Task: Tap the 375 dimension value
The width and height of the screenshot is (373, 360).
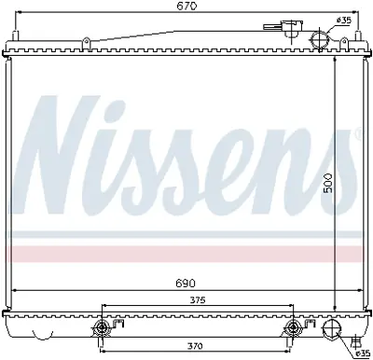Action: point(196,300)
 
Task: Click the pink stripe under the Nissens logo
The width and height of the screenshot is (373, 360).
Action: point(186,253)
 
